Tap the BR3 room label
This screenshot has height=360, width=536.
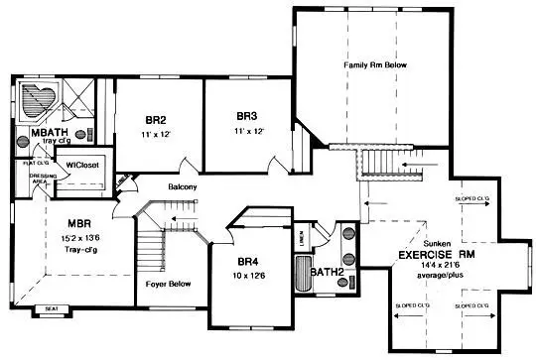[x=247, y=115]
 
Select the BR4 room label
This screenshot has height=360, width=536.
[x=247, y=262]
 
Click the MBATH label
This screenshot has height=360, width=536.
[x=49, y=133]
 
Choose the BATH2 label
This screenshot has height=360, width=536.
[x=327, y=272]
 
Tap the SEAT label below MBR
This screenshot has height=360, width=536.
[x=52, y=309]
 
